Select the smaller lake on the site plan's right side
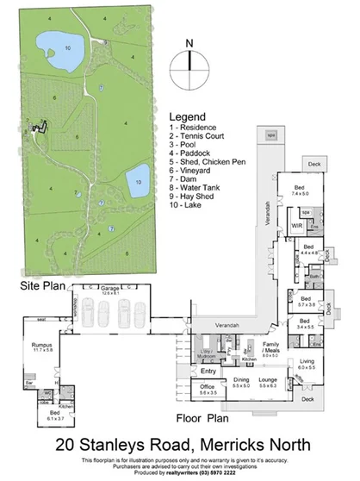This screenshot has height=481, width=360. click(x=138, y=182)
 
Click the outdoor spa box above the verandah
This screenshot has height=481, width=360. click(x=270, y=136)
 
